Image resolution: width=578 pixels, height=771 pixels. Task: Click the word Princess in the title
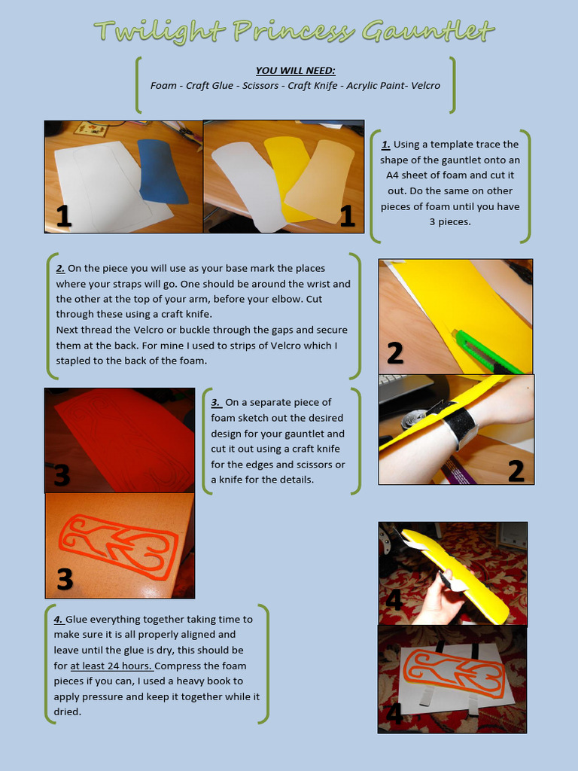click(294, 32)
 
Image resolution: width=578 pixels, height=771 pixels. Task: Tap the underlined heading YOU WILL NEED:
click(295, 71)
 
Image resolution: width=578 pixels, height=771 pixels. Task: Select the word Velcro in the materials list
click(426, 86)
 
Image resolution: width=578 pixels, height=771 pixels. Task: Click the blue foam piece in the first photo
click(163, 171)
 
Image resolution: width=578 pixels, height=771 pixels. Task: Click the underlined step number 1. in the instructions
click(386, 145)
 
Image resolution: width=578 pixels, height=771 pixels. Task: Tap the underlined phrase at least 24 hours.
click(112, 666)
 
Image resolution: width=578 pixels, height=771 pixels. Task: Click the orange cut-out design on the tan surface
click(118, 545)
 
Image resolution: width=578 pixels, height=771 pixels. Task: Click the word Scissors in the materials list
click(260, 86)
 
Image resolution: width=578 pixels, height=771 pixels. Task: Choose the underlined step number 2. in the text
click(60, 269)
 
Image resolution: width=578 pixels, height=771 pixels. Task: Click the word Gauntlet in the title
click(427, 32)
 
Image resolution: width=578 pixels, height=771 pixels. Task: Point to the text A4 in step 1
click(392, 175)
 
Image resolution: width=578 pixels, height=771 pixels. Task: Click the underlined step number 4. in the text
click(59, 620)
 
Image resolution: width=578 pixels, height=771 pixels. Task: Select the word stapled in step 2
click(73, 361)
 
